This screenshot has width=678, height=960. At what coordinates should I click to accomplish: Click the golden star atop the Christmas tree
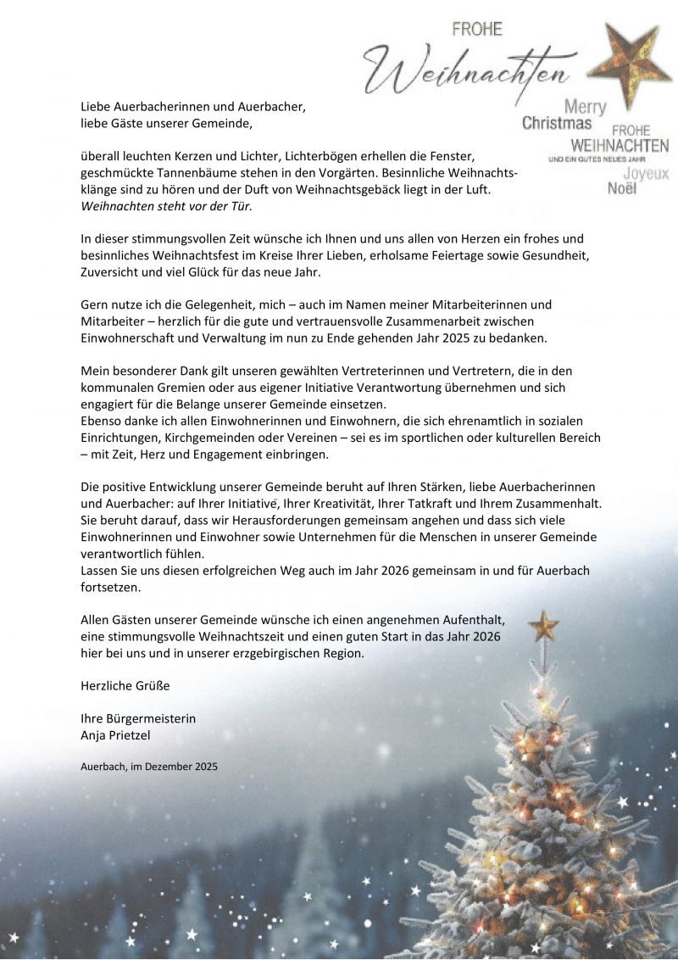coord(543,627)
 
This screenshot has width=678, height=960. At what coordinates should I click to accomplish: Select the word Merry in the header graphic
coord(586,107)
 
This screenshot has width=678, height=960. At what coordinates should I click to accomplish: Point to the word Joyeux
coord(646,173)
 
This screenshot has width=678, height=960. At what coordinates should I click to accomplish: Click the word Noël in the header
coord(622,188)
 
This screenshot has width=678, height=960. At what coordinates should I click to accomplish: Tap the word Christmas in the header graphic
coord(556,124)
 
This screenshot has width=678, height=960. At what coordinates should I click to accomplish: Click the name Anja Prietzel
coord(114,734)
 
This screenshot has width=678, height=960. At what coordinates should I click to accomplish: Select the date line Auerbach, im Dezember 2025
coord(149,766)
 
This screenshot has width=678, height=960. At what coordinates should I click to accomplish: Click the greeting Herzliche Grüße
coord(119,685)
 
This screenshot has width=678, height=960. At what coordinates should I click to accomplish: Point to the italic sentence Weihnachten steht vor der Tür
coord(166,206)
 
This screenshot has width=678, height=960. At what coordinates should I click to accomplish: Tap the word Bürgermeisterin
coord(150,718)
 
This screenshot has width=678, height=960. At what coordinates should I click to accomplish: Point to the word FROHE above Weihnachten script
coord(477,30)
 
